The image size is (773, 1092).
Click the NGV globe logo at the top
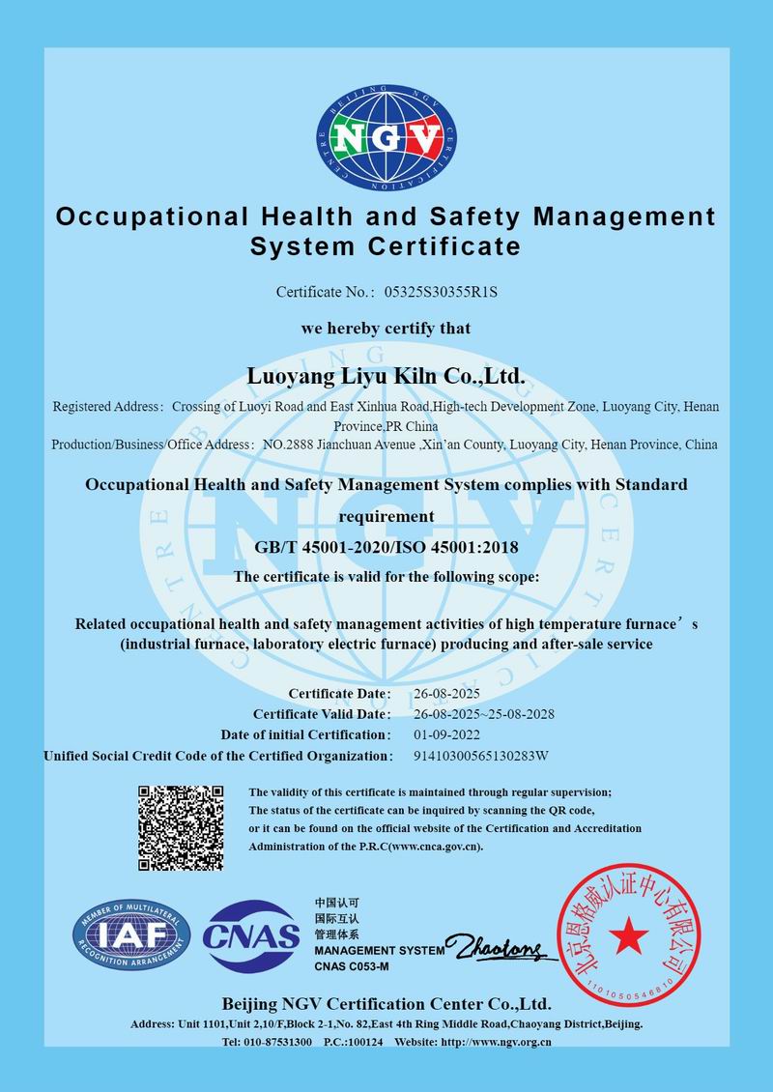coord(387,141)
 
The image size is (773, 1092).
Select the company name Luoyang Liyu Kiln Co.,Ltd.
coord(386,374)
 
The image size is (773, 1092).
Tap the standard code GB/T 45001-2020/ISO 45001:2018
coord(386,548)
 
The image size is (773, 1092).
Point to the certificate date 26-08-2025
coord(446,694)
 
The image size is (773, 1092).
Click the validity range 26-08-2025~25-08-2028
coord(483,714)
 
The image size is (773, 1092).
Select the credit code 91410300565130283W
coord(481,755)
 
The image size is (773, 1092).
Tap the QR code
coord(181,828)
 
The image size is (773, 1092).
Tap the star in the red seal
coord(628,934)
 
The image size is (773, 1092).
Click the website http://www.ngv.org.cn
coord(496,1042)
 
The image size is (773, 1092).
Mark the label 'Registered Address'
coord(107,407)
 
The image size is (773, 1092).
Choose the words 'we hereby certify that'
coord(386,329)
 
